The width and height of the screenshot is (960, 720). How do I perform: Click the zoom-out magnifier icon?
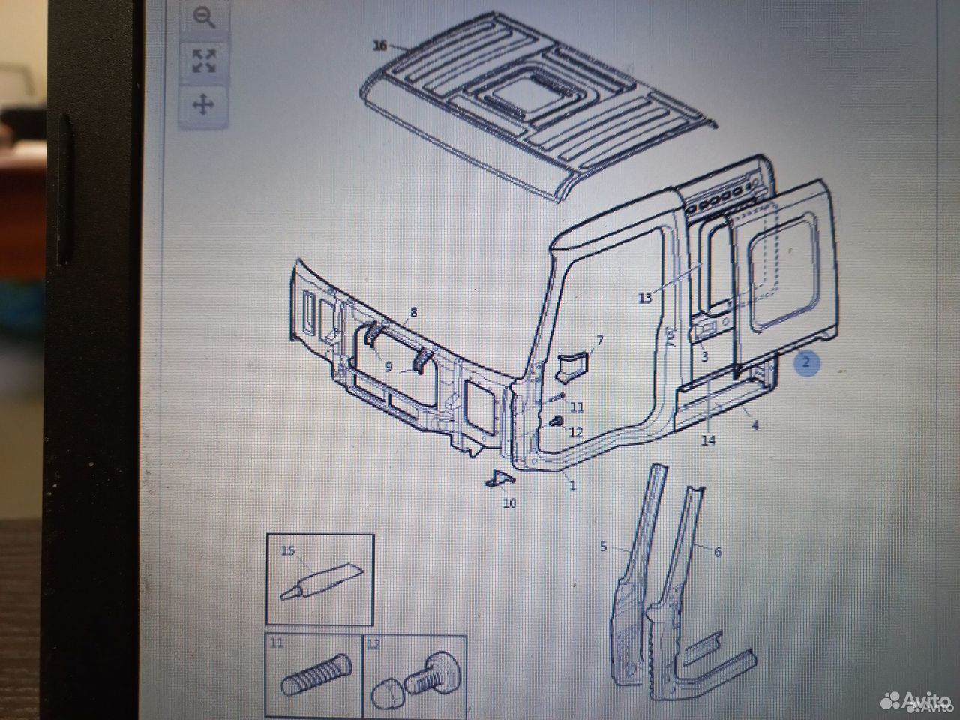click(x=204, y=18)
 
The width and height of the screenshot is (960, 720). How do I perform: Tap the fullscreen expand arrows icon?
click(x=204, y=61)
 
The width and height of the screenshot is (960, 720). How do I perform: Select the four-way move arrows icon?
click(x=203, y=105)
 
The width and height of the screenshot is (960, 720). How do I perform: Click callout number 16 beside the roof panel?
click(x=379, y=46)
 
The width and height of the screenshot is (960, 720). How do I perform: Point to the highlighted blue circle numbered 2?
click(x=805, y=362)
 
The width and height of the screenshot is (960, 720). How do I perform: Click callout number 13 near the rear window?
click(x=645, y=298)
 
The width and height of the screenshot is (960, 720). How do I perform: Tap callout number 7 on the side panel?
click(x=599, y=340)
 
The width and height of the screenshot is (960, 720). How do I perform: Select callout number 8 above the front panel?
click(x=413, y=312)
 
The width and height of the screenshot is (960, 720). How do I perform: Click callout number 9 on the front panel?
click(x=388, y=367)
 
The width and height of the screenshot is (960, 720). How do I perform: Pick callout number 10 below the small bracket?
click(x=509, y=503)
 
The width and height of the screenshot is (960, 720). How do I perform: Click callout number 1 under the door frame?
click(x=572, y=484)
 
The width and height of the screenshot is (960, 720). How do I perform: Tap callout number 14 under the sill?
click(x=709, y=440)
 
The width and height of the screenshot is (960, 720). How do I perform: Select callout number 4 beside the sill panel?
click(x=755, y=424)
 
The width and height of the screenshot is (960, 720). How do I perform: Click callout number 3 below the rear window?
click(x=704, y=356)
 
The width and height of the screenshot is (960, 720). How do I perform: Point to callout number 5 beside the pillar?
click(x=604, y=547)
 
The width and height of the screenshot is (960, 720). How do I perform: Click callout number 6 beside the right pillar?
click(x=718, y=552)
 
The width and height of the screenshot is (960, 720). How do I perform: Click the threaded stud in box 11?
click(x=316, y=674)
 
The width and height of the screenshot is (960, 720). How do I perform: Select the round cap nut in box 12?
click(x=387, y=694)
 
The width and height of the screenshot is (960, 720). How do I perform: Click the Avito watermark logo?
click(x=916, y=701)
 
